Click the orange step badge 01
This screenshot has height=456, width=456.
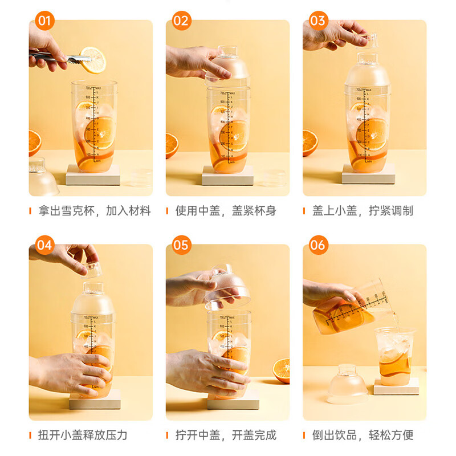44,22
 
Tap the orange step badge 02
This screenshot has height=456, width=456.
181,22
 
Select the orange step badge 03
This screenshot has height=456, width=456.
318,22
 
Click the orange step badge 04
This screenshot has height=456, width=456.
44,246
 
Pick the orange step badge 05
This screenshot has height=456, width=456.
181,246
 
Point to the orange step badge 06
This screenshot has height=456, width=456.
318,246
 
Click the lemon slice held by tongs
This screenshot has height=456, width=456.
93,60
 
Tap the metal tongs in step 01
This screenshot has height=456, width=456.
57,57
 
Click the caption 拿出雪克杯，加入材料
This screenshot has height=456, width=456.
95,211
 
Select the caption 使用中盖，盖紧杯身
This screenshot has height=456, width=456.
226,211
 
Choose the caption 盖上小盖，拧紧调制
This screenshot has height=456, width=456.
363,211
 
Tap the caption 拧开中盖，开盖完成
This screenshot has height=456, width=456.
226,435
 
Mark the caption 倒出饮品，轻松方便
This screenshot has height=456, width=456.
363,435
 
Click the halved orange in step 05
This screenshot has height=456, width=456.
281,370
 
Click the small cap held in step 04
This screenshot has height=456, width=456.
92,268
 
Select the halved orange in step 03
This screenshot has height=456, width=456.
310,142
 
